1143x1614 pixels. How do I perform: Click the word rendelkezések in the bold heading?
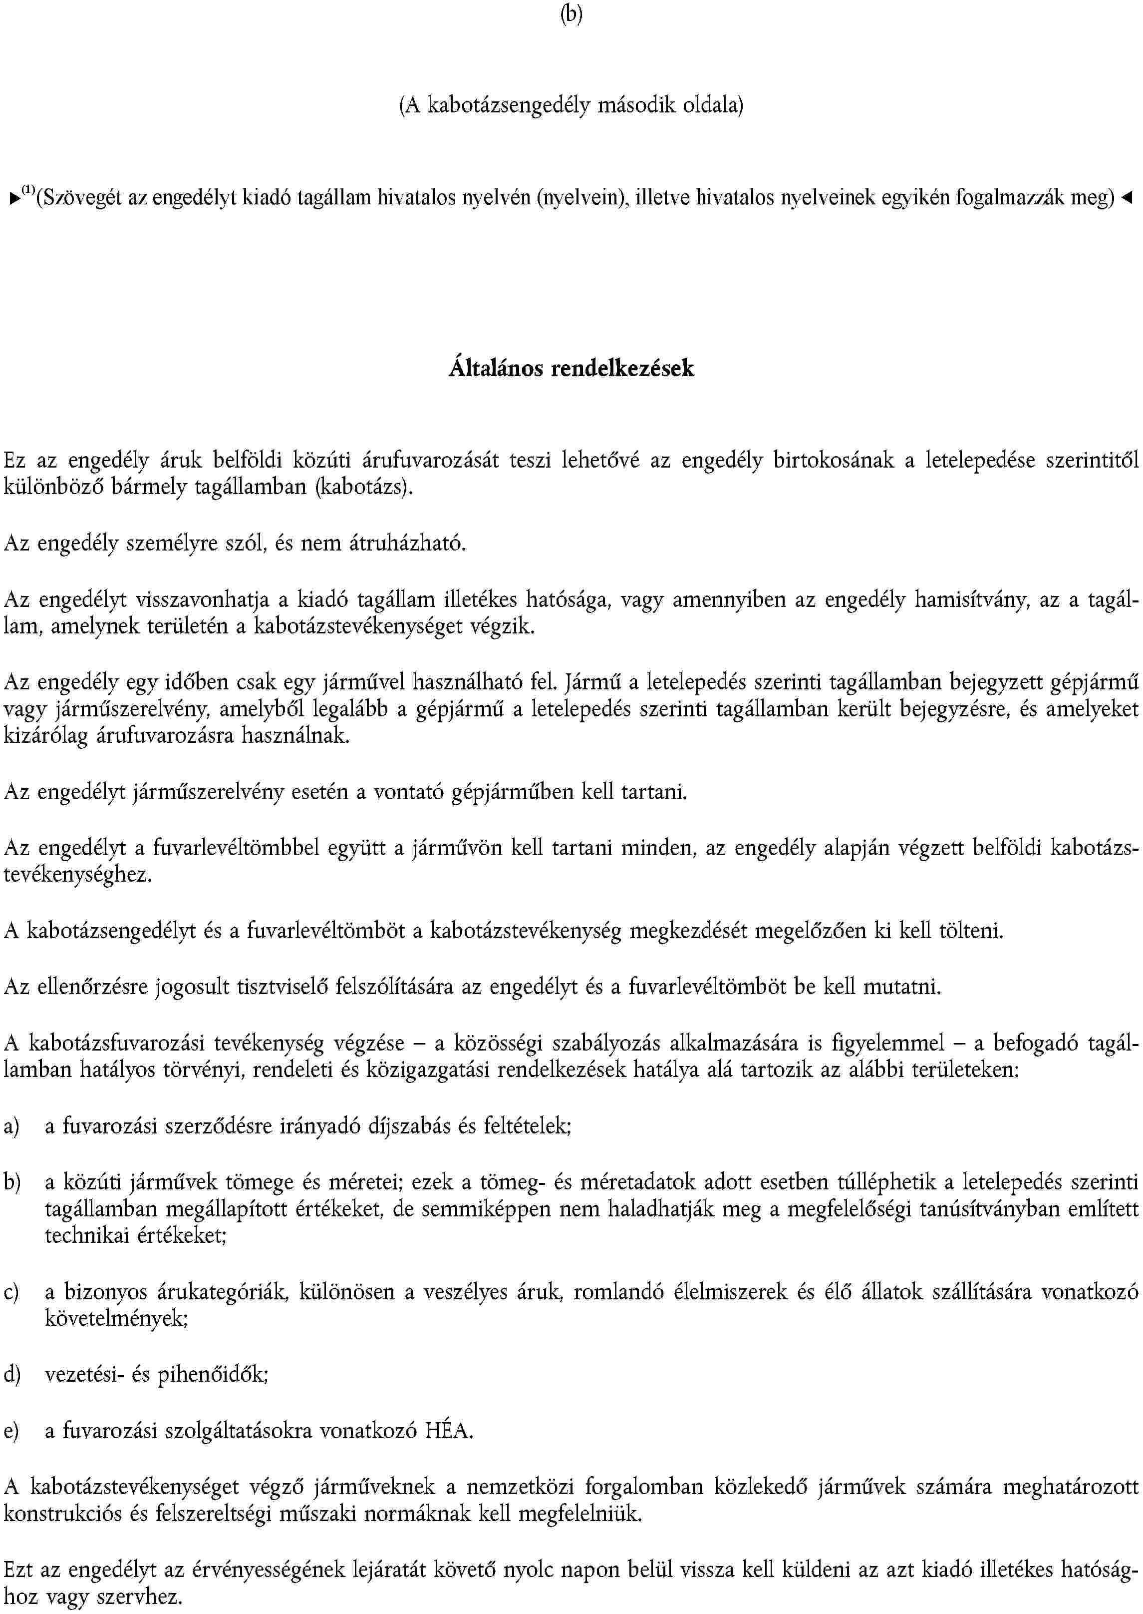point(623,368)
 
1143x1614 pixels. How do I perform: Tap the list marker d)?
point(12,1375)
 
